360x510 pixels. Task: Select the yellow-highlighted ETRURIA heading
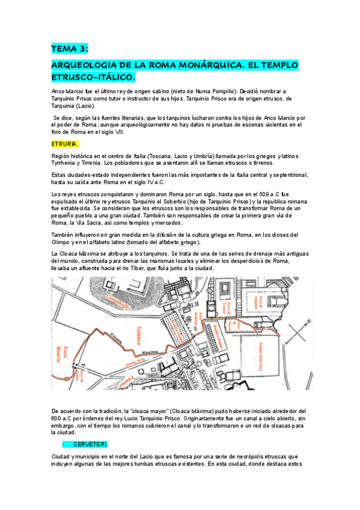click(x=65, y=144)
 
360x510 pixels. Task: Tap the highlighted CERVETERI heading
click(x=91, y=444)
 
